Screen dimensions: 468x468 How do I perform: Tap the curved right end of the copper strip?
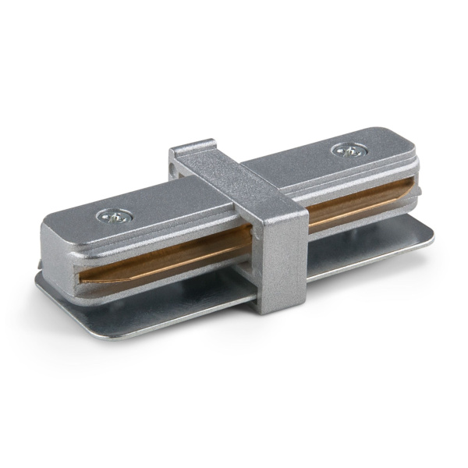(411, 187)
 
